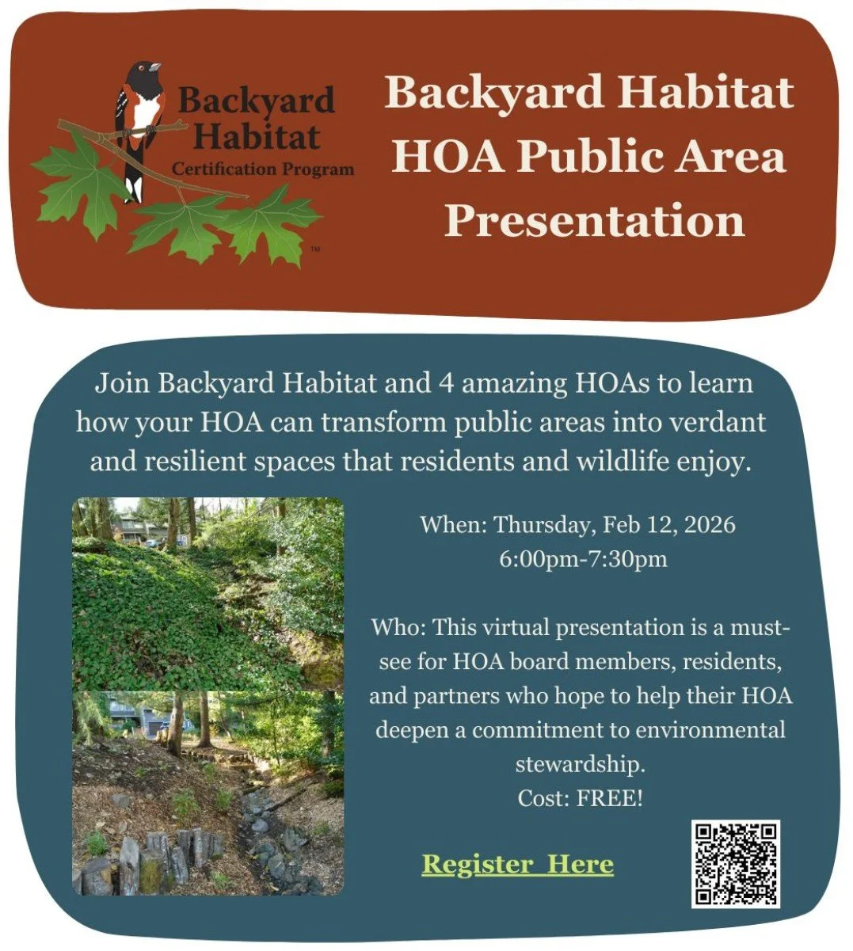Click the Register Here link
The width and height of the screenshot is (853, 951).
click(x=517, y=863)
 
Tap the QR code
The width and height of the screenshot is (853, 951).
click(x=736, y=864)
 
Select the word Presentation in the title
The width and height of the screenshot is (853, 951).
click(x=594, y=221)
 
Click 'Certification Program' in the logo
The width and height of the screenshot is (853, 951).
click(x=263, y=169)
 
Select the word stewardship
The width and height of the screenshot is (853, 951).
click(x=580, y=764)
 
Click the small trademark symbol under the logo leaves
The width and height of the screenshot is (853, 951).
click(x=314, y=249)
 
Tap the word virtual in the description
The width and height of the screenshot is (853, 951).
click(x=515, y=628)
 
